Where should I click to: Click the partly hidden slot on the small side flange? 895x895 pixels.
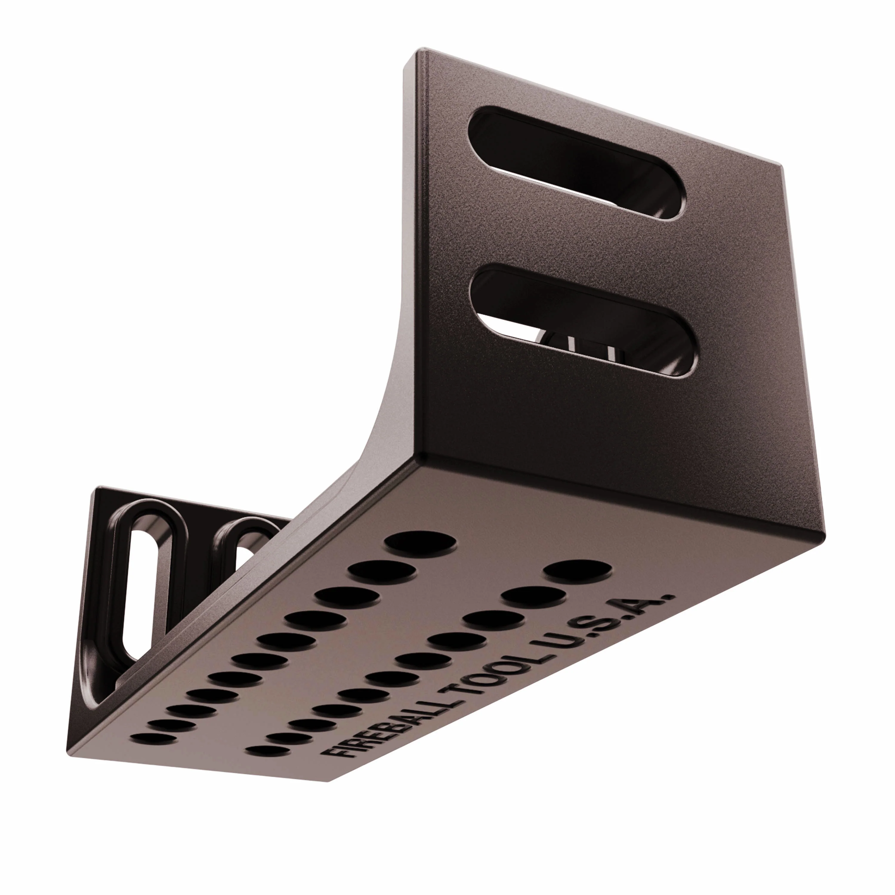pos(245,551)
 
